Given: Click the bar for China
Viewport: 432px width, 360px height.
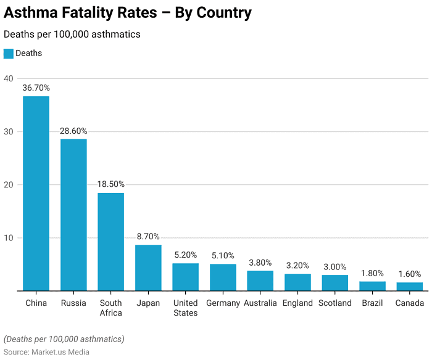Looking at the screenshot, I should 36,194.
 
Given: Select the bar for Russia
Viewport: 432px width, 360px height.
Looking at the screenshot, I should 73,215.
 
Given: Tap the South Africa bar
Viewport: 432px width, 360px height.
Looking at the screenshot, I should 110,242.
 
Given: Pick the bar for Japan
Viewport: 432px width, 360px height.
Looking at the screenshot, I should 148,268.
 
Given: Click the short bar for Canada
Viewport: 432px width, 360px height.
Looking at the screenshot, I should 410,287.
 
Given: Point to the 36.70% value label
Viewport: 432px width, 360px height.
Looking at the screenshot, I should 36,88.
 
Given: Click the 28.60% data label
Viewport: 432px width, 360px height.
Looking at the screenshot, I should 73,131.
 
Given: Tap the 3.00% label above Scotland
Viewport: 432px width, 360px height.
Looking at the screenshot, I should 335,267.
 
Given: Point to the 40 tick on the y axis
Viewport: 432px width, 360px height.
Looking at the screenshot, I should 8,78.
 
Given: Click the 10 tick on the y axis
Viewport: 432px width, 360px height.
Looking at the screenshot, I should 8,238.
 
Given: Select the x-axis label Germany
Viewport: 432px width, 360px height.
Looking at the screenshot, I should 223,303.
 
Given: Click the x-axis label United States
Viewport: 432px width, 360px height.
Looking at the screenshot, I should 185,308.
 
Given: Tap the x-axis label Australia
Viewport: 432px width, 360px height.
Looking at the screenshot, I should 260,303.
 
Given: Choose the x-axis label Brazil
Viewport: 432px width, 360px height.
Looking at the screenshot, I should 372,303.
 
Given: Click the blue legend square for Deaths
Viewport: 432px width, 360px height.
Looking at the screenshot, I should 8,54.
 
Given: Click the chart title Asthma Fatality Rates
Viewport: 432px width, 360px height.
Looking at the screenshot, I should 128,12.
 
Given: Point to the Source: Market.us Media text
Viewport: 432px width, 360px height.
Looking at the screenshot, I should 46,352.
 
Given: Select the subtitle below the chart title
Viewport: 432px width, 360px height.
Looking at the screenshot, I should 72,35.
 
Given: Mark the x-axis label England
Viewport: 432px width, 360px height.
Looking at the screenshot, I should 297,303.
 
